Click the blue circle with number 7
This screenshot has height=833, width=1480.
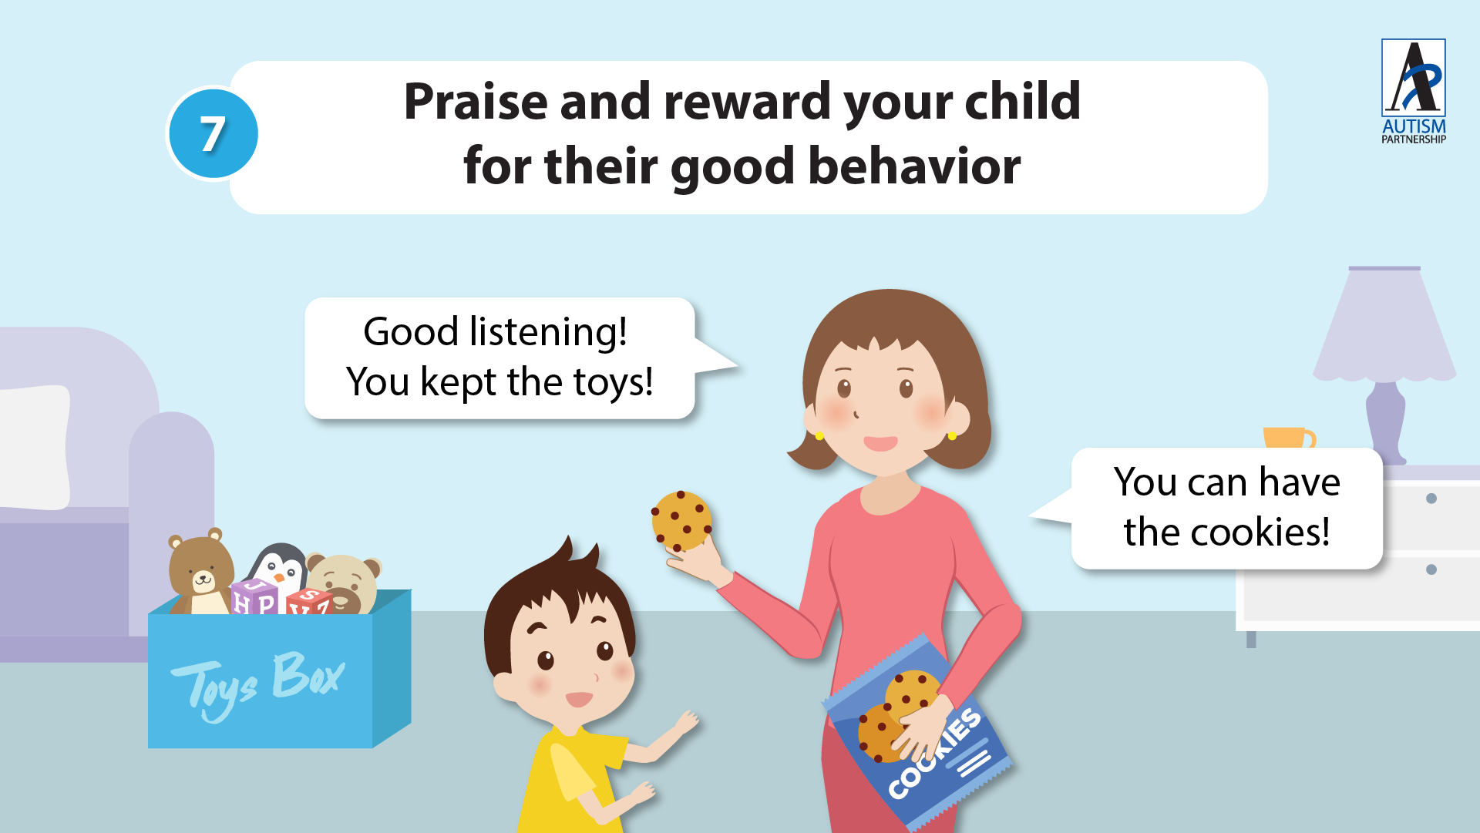[214, 133]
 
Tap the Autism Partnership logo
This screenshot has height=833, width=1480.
[1413, 92]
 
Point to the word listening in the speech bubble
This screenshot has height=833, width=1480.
[548, 333]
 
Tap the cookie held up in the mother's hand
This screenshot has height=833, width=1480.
[681, 521]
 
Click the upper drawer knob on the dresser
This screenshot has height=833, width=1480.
[1431, 499]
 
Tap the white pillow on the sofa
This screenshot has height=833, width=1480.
[34, 447]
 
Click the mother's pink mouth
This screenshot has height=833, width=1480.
[880, 443]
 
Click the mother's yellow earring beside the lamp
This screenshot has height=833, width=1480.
[952, 436]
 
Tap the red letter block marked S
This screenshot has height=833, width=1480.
[308, 600]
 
